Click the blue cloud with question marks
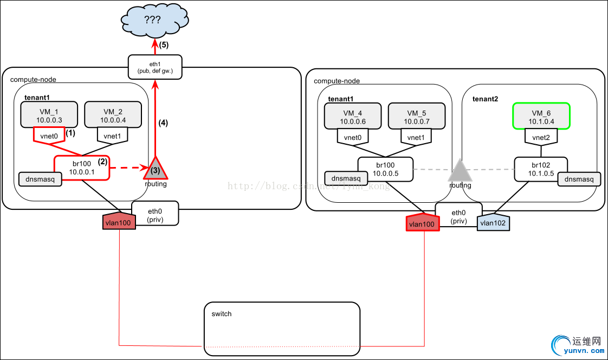(x=154, y=21)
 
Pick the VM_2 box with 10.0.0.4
(x=113, y=115)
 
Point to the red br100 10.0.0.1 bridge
(x=81, y=168)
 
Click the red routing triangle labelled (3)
(x=156, y=169)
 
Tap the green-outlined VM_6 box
(x=541, y=116)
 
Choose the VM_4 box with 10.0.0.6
(x=353, y=116)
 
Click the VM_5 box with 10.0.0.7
(x=417, y=116)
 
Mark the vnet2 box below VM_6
(x=541, y=138)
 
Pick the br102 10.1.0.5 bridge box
(x=540, y=169)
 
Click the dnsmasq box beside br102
(x=579, y=178)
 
